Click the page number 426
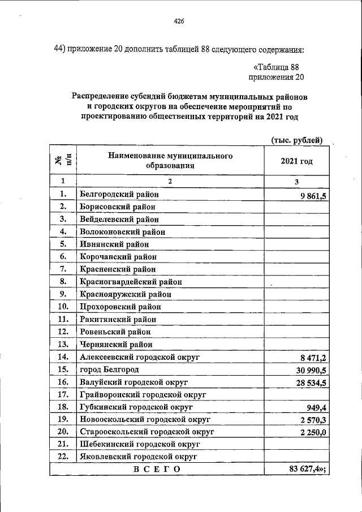pos(179,21)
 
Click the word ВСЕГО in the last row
pos(157,469)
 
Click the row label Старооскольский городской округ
pos(146,432)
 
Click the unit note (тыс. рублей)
pos(297,140)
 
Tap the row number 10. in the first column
pos(63,307)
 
